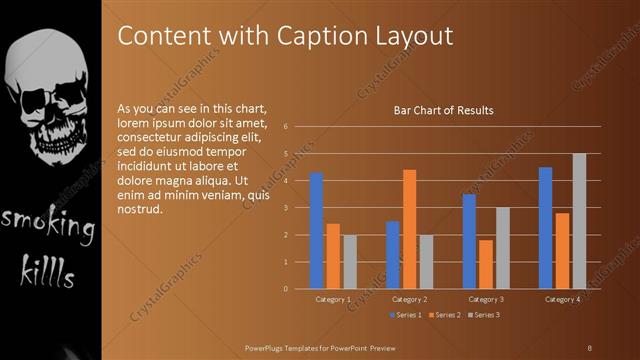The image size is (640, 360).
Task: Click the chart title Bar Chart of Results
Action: [x=443, y=111]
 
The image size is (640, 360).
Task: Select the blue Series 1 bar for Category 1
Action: [x=317, y=230]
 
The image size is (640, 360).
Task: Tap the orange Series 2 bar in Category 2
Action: [x=409, y=229]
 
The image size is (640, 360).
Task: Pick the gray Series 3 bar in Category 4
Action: [x=579, y=221]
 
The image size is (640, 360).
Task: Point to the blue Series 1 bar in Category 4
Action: [x=545, y=228]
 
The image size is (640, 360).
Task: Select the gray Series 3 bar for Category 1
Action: [x=350, y=262]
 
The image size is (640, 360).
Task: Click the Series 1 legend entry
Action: [x=405, y=315]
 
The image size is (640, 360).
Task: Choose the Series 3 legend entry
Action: [x=484, y=315]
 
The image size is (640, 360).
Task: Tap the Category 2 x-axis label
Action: [x=409, y=299]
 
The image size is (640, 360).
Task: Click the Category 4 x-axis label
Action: [x=562, y=299]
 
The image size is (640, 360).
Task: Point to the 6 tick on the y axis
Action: [x=286, y=127]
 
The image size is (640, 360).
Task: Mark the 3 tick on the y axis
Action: [x=286, y=208]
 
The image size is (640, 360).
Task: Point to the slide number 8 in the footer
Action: [x=590, y=346]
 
